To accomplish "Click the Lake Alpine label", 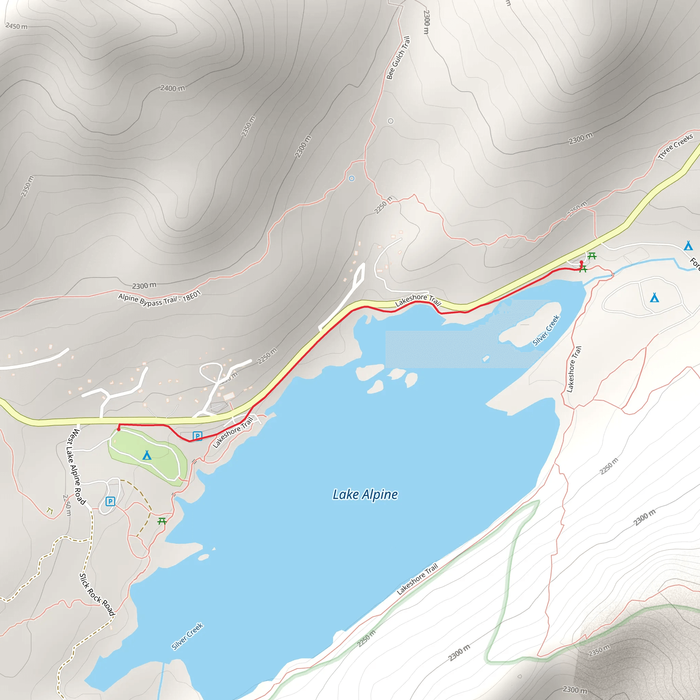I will click(365, 495).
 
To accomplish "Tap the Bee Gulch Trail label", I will click(398, 58).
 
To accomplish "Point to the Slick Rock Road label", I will click(97, 594).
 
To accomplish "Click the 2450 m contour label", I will click(16, 26).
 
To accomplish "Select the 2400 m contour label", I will click(173, 88).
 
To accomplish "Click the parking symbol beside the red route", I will click(198, 436).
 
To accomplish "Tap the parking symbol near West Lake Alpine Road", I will click(110, 501).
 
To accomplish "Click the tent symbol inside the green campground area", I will click(147, 455).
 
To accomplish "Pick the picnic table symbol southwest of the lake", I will click(162, 521).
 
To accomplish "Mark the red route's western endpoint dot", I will click(119, 430).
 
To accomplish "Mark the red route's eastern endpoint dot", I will click(581, 262).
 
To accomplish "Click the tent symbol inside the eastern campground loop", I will click(654, 298).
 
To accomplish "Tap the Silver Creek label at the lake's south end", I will click(187, 636).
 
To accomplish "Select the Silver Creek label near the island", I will click(546, 331).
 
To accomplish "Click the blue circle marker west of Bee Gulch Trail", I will click(351, 178).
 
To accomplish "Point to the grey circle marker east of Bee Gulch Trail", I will click(391, 121).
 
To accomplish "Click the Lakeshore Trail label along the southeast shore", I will click(417, 579).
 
